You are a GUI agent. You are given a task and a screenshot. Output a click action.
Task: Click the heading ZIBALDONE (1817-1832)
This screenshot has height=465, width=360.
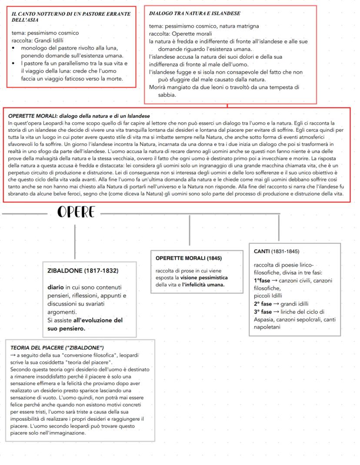tap(83, 270)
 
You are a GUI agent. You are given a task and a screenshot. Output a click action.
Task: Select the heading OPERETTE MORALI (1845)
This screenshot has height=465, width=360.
tap(182, 258)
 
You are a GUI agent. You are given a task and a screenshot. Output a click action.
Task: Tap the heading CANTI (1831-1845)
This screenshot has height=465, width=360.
tap(277, 251)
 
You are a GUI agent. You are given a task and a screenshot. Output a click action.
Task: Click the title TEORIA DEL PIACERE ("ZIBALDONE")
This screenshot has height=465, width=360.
tap(57, 348)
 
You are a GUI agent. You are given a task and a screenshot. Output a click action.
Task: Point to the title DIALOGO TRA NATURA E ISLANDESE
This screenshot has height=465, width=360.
tap(194, 14)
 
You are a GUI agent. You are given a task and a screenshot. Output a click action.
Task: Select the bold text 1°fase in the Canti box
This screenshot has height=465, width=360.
tap(262, 281)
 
